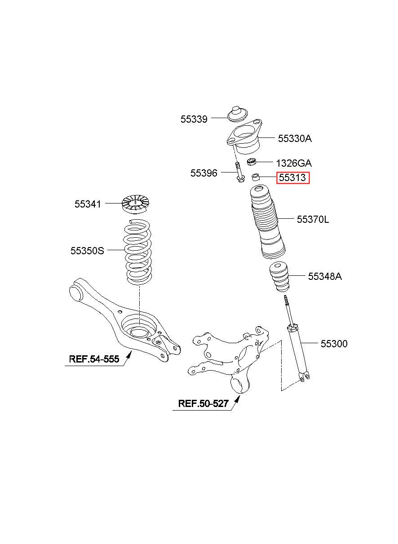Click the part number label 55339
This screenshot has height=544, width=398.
point(194,119)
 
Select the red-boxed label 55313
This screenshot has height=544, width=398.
point(292,178)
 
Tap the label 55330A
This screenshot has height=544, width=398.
point(294,138)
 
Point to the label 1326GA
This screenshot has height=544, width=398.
point(293,163)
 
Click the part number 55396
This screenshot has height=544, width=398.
point(203,173)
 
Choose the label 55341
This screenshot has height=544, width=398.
point(88,204)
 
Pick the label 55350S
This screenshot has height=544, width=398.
point(87,251)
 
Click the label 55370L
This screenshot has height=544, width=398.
point(313,219)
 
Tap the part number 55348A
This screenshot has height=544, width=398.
point(325,276)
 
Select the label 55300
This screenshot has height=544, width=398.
point(334,344)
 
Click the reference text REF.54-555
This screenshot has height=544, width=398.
point(94,359)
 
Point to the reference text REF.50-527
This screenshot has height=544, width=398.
point(203,403)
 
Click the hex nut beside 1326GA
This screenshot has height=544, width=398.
point(252,161)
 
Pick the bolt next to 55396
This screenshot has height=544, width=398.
point(239,173)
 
